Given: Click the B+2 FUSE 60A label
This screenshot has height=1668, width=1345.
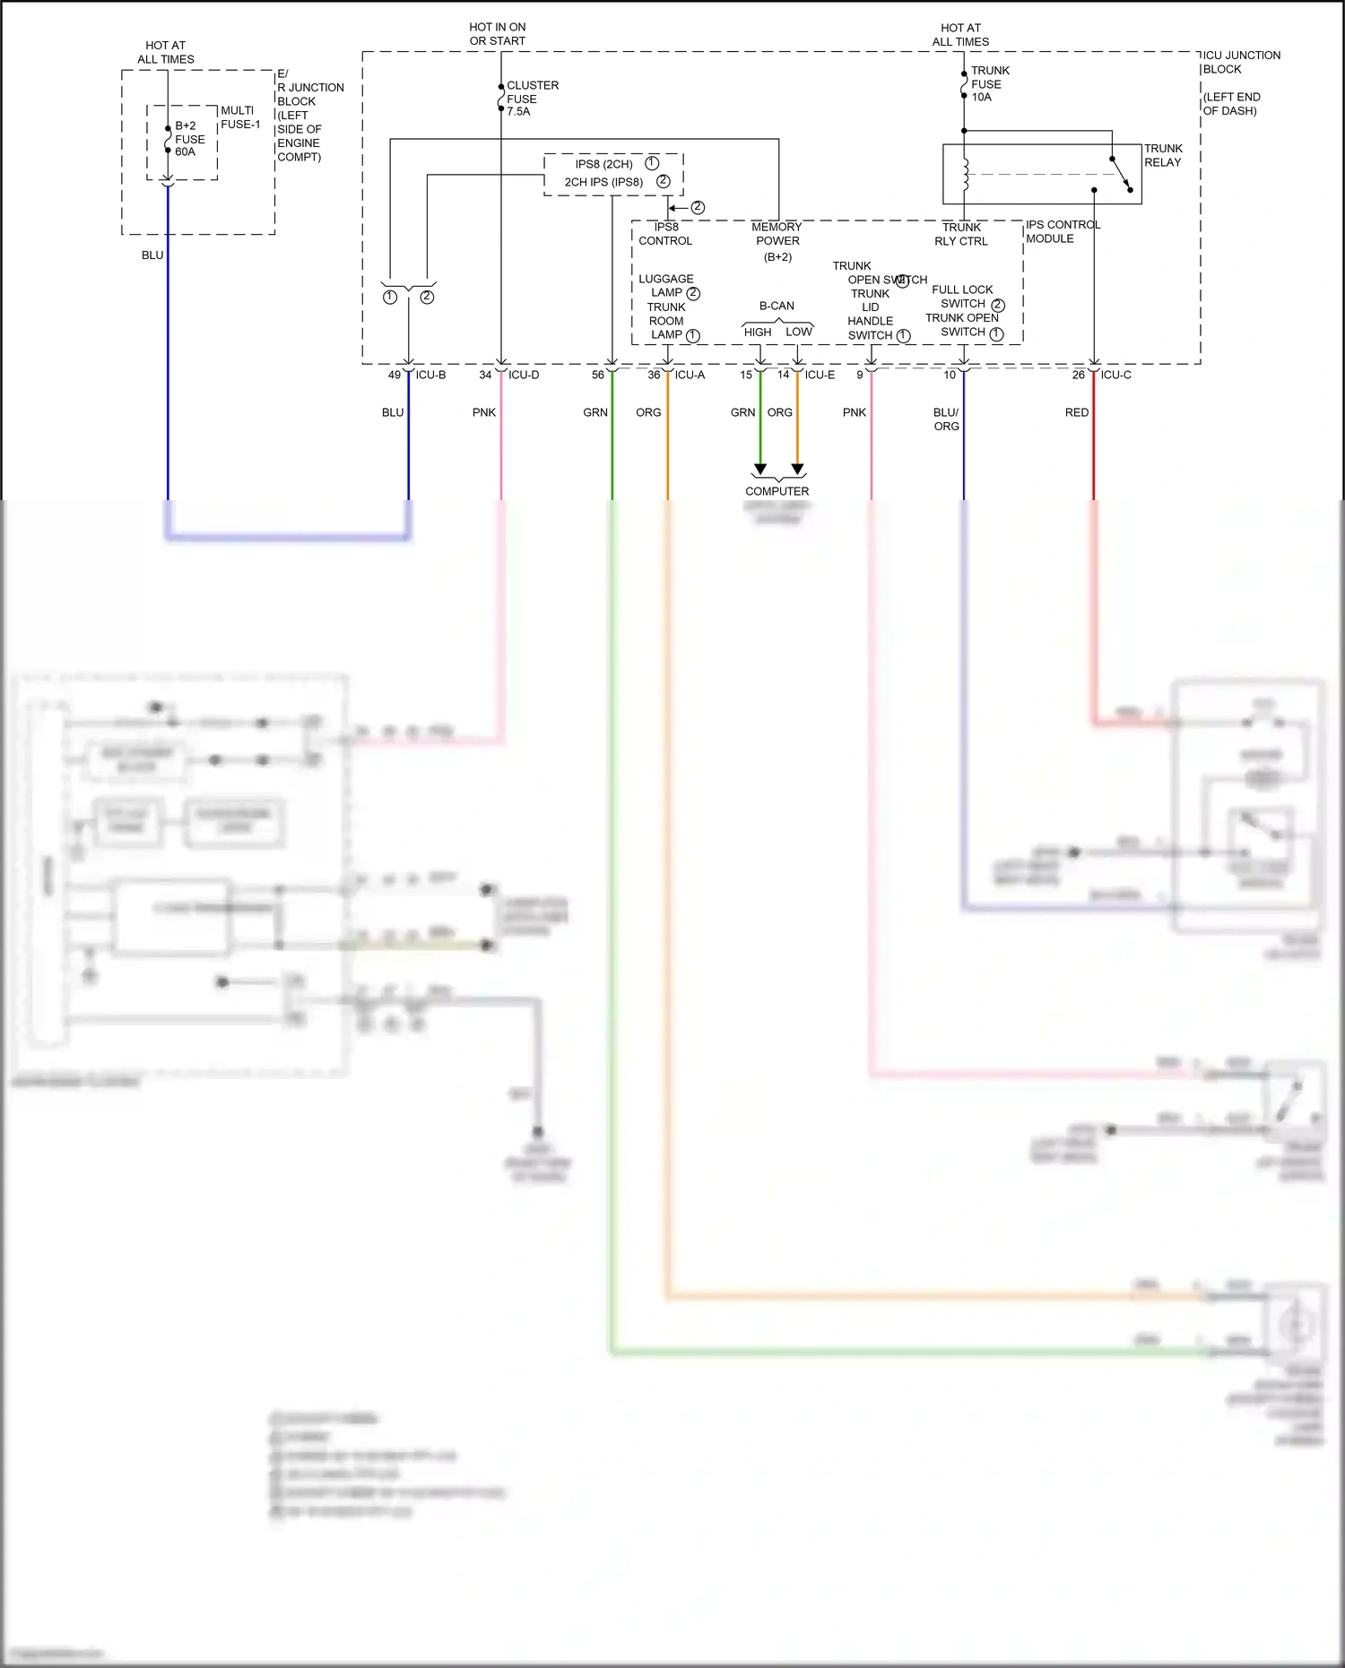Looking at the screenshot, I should pyautogui.click(x=189, y=139).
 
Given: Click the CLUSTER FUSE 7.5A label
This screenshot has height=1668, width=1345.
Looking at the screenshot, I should pyautogui.click(x=532, y=99).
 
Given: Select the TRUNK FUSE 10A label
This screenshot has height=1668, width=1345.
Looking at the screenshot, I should pyautogui.click(x=989, y=83).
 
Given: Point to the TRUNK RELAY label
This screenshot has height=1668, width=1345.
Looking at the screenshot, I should pyautogui.click(x=1162, y=155).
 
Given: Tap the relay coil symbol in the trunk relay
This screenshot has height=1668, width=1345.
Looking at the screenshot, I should pyautogui.click(x=966, y=175).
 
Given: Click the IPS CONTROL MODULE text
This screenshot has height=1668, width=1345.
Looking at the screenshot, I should pyautogui.click(x=1062, y=231).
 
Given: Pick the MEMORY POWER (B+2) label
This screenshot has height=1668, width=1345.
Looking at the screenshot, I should pyautogui.click(x=777, y=241).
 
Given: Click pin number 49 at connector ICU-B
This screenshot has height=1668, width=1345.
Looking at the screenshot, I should pyautogui.click(x=395, y=375).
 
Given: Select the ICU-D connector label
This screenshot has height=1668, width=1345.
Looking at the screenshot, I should pyautogui.click(x=524, y=375).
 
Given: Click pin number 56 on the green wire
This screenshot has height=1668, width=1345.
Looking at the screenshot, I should pyautogui.click(x=598, y=375).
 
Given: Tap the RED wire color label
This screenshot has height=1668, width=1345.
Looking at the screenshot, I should pyautogui.click(x=1076, y=412).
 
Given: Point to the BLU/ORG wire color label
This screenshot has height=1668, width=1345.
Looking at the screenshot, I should pyautogui.click(x=946, y=419).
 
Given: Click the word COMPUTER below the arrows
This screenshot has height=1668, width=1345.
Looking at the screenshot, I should pyautogui.click(x=777, y=491).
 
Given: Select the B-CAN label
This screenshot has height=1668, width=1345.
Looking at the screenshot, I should pyautogui.click(x=777, y=306).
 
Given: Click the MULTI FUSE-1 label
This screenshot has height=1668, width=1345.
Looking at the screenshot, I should pyautogui.click(x=240, y=117).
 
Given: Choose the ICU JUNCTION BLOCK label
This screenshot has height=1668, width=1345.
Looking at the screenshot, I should pyautogui.click(x=1240, y=62).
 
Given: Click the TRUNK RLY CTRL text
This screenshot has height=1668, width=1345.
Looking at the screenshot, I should pyautogui.click(x=961, y=234).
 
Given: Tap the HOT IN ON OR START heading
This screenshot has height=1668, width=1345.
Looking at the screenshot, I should pyautogui.click(x=498, y=34).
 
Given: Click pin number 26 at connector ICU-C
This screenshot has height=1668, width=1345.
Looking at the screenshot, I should pyautogui.click(x=1078, y=375).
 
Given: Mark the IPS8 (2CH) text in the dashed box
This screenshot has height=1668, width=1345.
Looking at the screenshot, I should pyautogui.click(x=603, y=164).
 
